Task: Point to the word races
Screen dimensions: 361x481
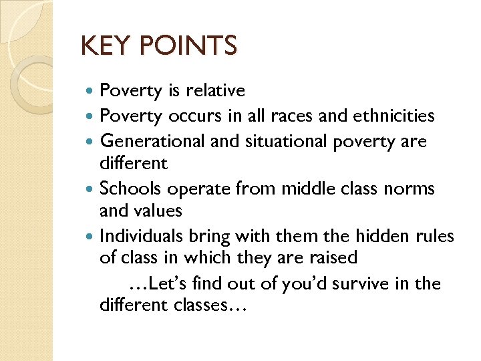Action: pyautogui.click(x=295, y=116)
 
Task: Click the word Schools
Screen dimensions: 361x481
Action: pyautogui.click(x=131, y=189)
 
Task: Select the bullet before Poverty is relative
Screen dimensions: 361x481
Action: pyautogui.click(x=92, y=91)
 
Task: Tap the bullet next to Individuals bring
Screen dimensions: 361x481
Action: pyautogui.click(x=92, y=237)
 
